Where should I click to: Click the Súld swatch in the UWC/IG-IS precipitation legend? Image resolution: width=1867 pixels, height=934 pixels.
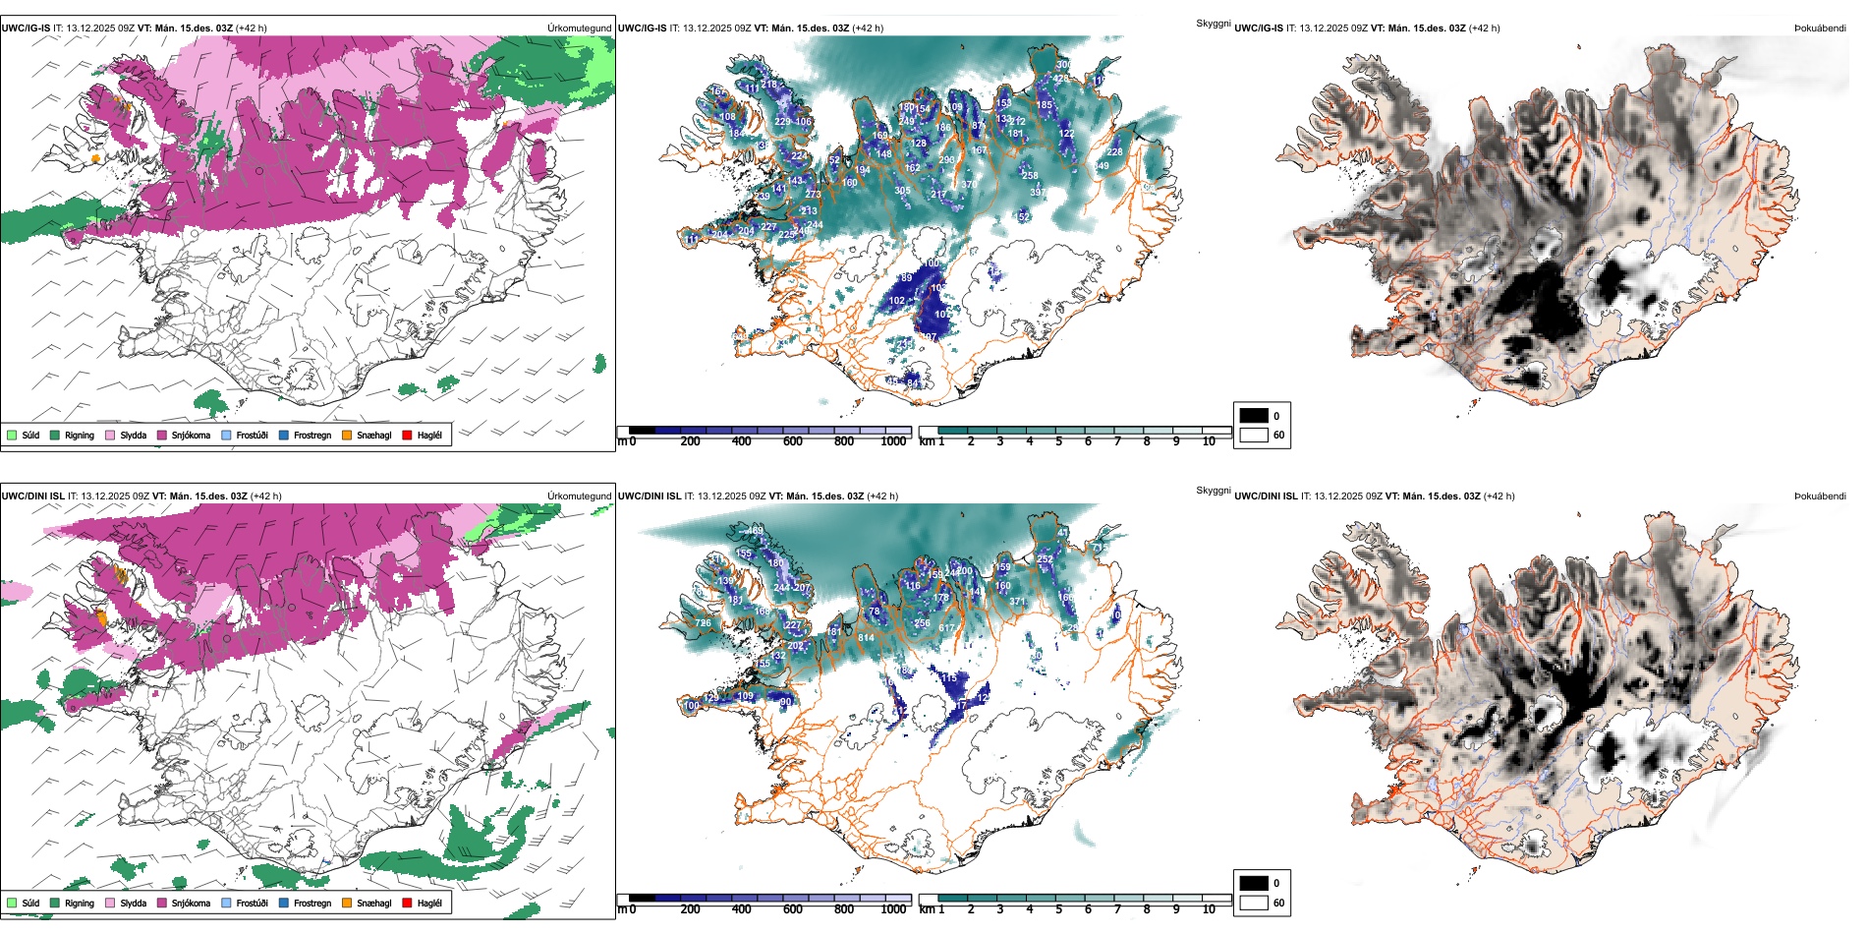(12, 435)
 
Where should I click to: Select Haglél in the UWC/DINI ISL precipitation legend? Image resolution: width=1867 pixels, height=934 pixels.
(407, 903)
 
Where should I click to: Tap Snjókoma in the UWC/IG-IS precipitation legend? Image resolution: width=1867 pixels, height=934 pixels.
(162, 435)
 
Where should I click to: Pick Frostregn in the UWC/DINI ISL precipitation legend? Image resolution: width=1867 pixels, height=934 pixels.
(284, 903)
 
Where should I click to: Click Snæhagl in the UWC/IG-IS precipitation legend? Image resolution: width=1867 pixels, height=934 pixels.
(347, 435)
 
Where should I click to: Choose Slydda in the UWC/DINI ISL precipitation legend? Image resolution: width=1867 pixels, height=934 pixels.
(110, 903)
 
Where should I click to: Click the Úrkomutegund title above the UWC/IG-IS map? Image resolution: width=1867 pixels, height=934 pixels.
(579, 29)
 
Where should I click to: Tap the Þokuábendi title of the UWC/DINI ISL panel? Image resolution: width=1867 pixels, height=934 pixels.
(1820, 496)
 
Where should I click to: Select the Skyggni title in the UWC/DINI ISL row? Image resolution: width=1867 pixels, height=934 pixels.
(1213, 491)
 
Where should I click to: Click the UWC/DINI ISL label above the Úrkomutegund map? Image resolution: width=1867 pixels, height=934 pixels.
(32, 496)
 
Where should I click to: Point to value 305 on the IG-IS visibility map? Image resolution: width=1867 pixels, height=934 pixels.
(902, 192)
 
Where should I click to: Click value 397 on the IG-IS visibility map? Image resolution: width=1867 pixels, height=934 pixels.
(1038, 193)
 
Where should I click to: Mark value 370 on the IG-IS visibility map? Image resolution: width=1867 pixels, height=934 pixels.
(969, 185)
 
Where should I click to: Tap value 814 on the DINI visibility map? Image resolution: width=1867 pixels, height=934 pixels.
(866, 638)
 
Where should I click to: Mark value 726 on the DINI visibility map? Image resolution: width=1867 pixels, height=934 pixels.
(703, 623)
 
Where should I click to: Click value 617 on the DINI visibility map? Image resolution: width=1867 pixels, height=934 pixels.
(946, 628)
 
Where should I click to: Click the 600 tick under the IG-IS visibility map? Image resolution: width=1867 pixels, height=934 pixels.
(792, 441)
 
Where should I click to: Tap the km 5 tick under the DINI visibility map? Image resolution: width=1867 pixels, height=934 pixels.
(1058, 909)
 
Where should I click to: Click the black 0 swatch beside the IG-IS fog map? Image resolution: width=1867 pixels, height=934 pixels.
(1254, 416)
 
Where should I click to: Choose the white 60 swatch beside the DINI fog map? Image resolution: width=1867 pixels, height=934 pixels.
(1254, 903)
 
